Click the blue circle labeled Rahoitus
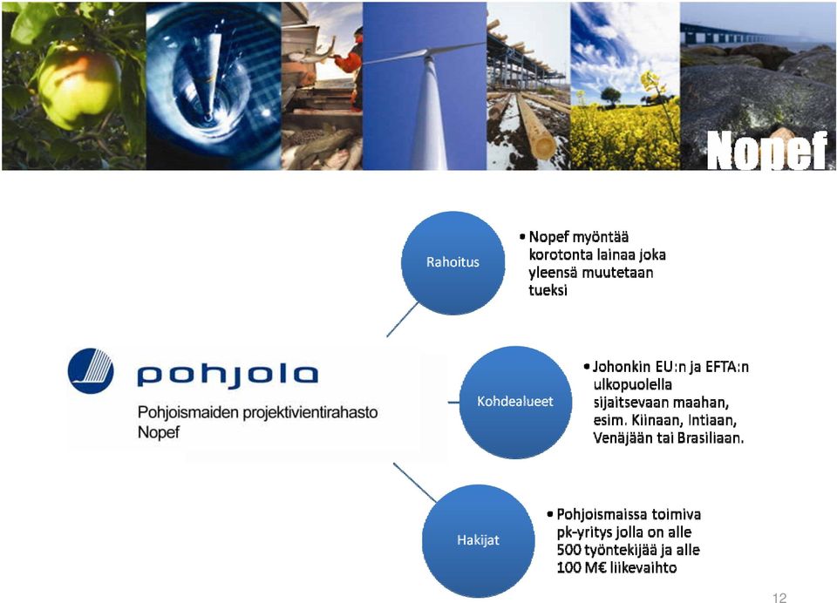(x=453, y=262)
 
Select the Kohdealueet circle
(x=515, y=402)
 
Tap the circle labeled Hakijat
(x=479, y=540)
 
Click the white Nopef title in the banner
(x=766, y=151)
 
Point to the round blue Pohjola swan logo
(x=91, y=371)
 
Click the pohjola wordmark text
(x=228, y=375)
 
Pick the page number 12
(x=779, y=598)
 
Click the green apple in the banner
(x=78, y=86)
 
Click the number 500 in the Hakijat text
(x=568, y=550)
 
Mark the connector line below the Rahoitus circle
(x=403, y=320)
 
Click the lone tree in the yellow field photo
(x=610, y=97)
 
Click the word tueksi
(x=548, y=290)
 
